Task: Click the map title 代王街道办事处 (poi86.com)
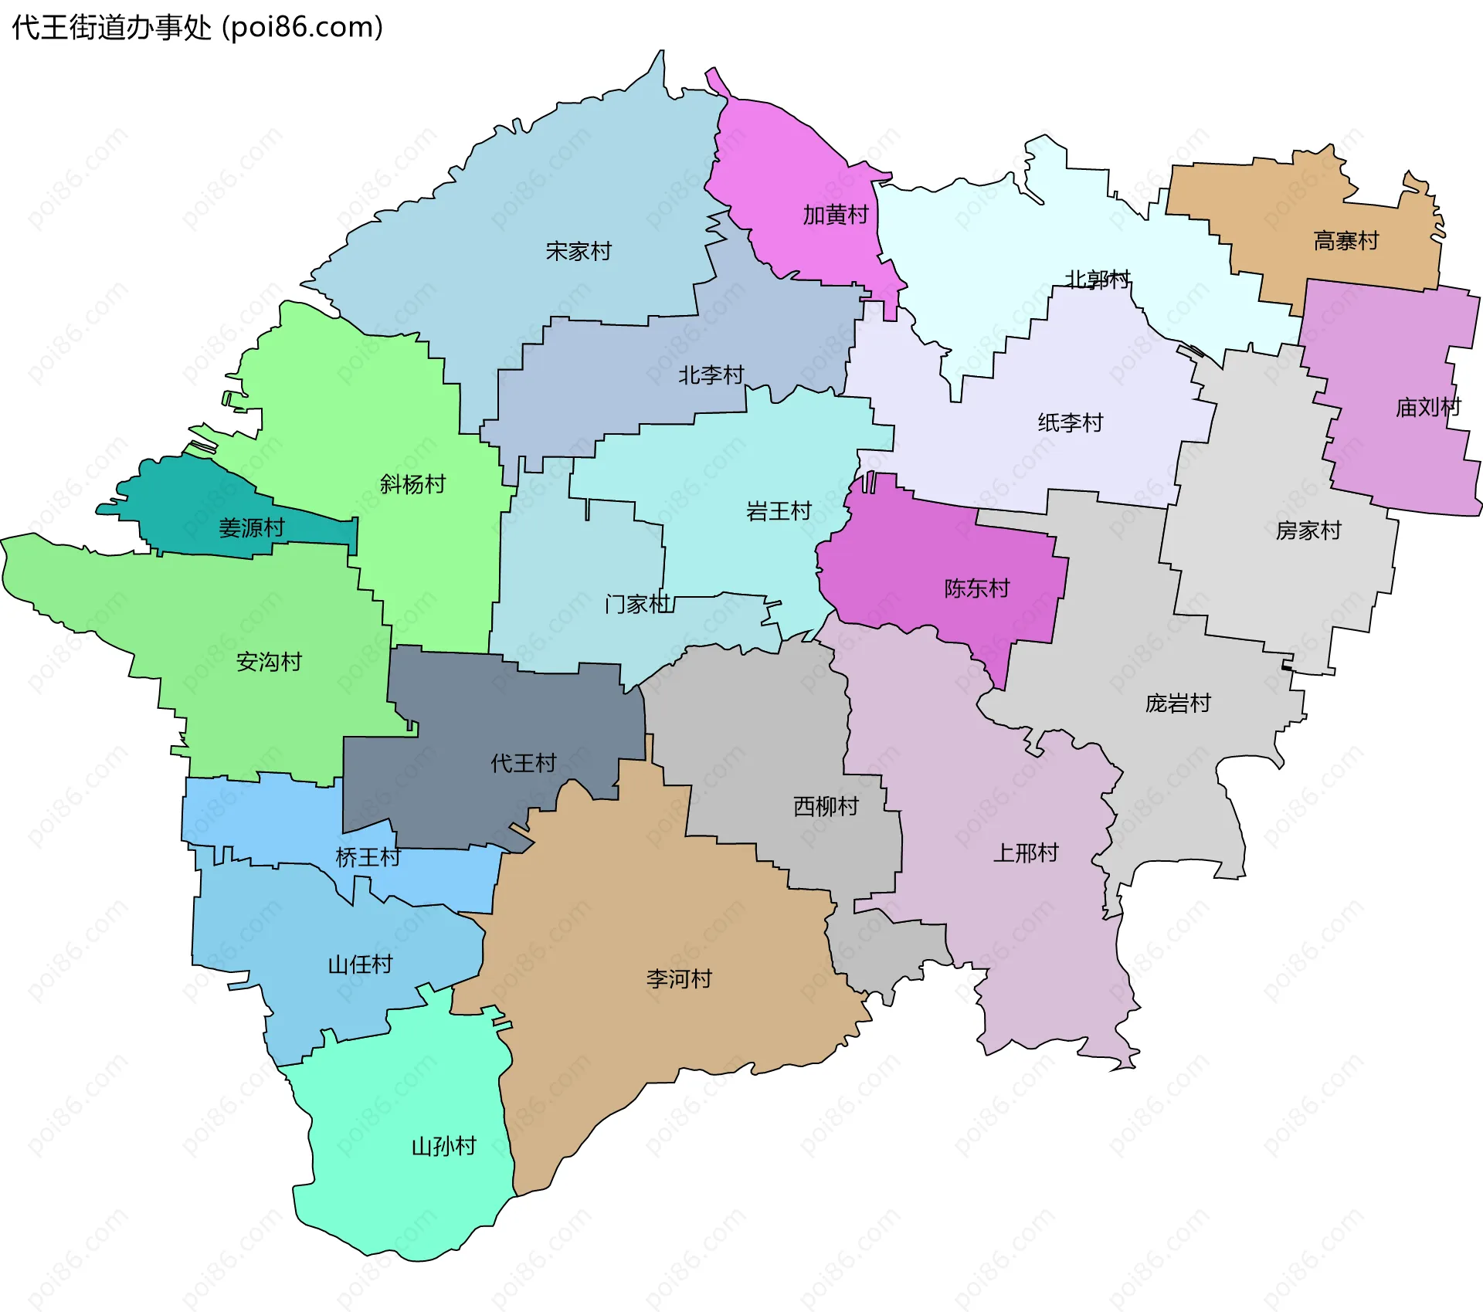(x=198, y=28)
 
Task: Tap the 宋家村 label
(x=579, y=251)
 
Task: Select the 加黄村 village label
(x=836, y=215)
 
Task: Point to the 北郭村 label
(x=1098, y=279)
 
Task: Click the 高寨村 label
(x=1346, y=241)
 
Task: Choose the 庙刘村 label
(x=1428, y=407)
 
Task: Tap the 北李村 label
(x=711, y=375)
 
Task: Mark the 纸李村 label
(x=1071, y=422)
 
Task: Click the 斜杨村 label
(x=412, y=484)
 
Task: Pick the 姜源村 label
(x=252, y=528)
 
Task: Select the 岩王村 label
(x=779, y=511)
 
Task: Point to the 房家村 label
(x=1308, y=531)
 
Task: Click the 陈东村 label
(x=977, y=588)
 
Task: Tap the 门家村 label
(x=638, y=604)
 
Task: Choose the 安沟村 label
(x=269, y=662)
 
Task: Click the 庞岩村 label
(x=1178, y=703)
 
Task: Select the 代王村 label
(x=524, y=763)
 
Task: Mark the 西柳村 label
(x=826, y=806)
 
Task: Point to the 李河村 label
(x=679, y=979)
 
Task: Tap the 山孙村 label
(x=443, y=1146)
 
